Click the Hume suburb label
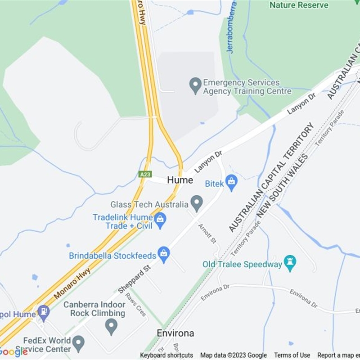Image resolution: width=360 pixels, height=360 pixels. click(x=180, y=180)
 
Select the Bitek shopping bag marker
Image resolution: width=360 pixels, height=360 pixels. click(x=231, y=182)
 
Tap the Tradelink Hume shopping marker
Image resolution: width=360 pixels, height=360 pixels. click(x=160, y=220)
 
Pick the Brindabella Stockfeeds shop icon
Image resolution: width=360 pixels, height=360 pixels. click(x=164, y=254)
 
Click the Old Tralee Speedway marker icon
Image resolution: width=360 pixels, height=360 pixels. click(x=290, y=263)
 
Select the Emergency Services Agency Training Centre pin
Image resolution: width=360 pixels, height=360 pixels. click(x=195, y=85)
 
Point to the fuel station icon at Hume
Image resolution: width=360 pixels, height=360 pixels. click(x=43, y=312)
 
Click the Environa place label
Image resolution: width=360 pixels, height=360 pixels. click(x=175, y=333)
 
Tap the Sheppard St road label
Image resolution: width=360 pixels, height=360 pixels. click(x=134, y=279)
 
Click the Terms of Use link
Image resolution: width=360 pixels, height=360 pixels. click(x=292, y=355)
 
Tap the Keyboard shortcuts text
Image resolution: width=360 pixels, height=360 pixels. click(x=166, y=355)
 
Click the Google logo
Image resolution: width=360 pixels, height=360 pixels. click(x=13, y=351)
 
